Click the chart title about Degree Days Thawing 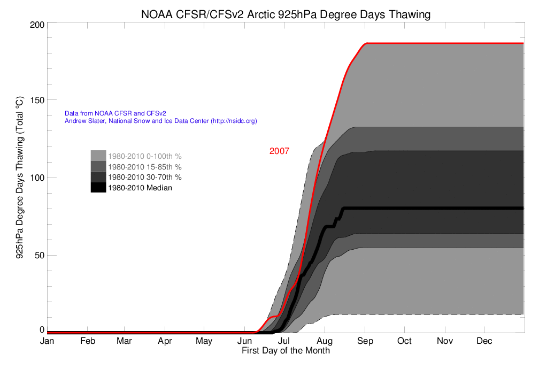pyautogui.click(x=286, y=14)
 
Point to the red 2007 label pyautogui.click(x=279, y=151)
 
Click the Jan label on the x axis pyautogui.click(x=47, y=341)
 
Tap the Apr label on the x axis pyautogui.click(x=165, y=341)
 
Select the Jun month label pyautogui.click(x=244, y=341)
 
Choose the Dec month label pyautogui.click(x=484, y=341)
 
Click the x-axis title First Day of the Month pyautogui.click(x=286, y=351)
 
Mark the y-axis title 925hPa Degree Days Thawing pyautogui.click(x=20, y=178)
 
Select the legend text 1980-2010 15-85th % pyautogui.click(x=145, y=167)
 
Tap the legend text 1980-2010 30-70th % pyautogui.click(x=145, y=177)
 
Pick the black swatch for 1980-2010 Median pyautogui.click(x=98, y=187)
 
